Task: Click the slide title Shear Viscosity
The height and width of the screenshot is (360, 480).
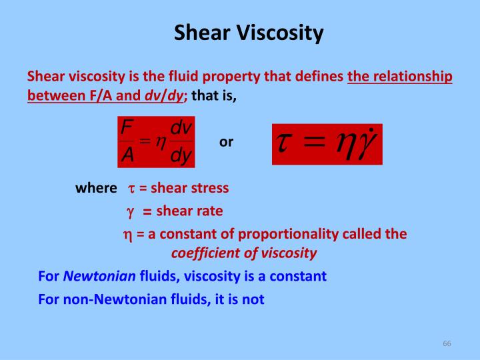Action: point(249,33)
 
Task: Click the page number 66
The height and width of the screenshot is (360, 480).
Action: point(447,343)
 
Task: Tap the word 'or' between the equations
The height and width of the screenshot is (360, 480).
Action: point(226,142)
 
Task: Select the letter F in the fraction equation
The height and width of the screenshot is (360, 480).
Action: point(127,128)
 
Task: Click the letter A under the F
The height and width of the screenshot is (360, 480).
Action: point(127,156)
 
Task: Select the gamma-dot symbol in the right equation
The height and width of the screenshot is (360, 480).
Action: point(365,144)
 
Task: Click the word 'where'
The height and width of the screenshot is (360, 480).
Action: point(96,188)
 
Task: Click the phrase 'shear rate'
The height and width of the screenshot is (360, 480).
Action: point(189,211)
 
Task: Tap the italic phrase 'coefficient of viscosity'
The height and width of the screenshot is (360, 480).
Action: point(244,253)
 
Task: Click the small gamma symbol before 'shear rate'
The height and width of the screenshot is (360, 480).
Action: point(131,212)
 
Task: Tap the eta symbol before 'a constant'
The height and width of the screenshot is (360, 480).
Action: point(127,235)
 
